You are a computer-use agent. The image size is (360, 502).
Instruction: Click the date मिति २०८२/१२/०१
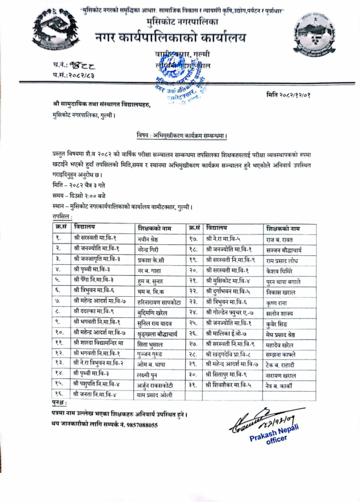tap(295, 95)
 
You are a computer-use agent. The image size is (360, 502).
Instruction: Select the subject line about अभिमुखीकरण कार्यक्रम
tap(182, 135)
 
